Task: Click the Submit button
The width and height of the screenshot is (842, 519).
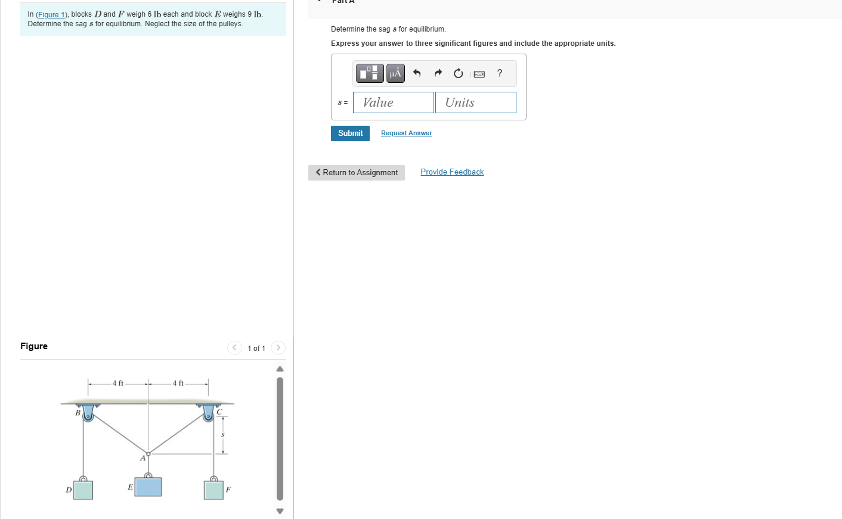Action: pyautogui.click(x=350, y=133)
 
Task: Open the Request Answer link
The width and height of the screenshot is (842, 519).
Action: pyautogui.click(x=406, y=133)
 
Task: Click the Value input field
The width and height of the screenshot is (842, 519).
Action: pyautogui.click(x=394, y=102)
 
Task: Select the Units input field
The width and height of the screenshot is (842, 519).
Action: pyautogui.click(x=475, y=102)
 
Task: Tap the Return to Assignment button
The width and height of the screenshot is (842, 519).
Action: pyautogui.click(x=357, y=173)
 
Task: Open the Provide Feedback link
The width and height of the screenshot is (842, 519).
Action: pyautogui.click(x=452, y=172)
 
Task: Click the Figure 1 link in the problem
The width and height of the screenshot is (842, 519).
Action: pyautogui.click(x=52, y=14)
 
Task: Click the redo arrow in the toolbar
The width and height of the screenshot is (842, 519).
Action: pyautogui.click(x=438, y=73)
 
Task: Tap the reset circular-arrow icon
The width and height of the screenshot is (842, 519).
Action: pyautogui.click(x=458, y=73)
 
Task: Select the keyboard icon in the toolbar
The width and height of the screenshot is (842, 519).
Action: pyautogui.click(x=479, y=74)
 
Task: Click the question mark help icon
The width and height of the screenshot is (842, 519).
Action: pyautogui.click(x=500, y=73)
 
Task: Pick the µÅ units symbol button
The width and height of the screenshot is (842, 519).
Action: pyautogui.click(x=395, y=73)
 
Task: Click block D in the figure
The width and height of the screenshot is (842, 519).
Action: pyautogui.click(x=83, y=490)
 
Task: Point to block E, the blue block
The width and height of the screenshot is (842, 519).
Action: pyautogui.click(x=148, y=486)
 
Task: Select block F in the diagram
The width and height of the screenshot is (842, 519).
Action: pyautogui.click(x=213, y=490)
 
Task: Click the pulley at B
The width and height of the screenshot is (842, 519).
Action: pyautogui.click(x=88, y=415)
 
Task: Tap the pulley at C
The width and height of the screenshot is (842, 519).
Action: pyautogui.click(x=208, y=415)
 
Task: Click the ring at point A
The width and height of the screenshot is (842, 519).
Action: pyautogui.click(x=148, y=454)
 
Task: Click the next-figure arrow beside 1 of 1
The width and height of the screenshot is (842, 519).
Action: pyautogui.click(x=278, y=348)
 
